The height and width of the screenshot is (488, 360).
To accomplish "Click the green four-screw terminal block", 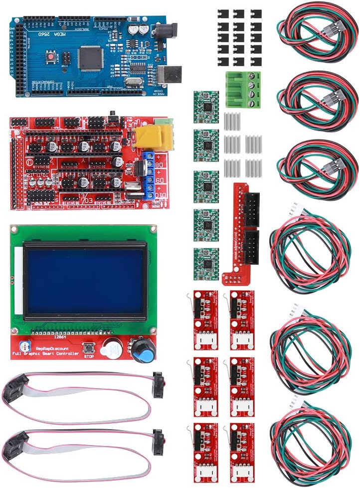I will (x=243, y=89).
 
